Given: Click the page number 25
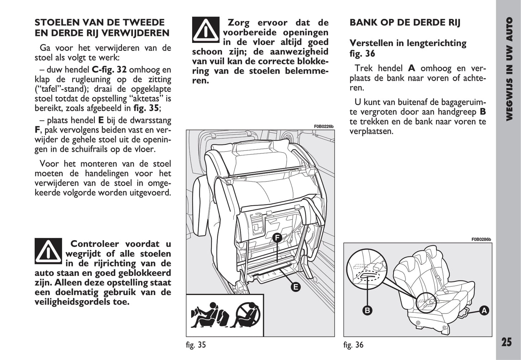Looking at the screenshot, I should [x=506, y=342].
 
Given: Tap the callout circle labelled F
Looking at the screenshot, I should [x=277, y=238].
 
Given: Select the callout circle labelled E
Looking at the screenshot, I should [x=296, y=287].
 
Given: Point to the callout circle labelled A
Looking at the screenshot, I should [x=484, y=310].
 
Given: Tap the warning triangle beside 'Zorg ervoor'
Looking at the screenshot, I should [x=206, y=30].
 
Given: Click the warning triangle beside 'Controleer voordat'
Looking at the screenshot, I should [x=48, y=251].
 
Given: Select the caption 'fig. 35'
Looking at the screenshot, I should [x=196, y=345].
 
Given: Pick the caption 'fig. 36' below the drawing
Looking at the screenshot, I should [x=353, y=345].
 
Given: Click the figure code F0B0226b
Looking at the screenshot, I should [x=323, y=126].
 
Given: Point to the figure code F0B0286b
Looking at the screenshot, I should [x=481, y=239].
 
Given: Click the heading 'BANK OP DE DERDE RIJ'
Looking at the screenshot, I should [x=405, y=23].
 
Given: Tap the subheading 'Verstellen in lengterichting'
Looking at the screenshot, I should [x=408, y=43].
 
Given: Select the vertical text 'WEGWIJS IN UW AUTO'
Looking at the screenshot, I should [x=509, y=69].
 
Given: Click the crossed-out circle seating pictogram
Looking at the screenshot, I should [x=248, y=315].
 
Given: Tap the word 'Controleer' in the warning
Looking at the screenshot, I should [x=96, y=244].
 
